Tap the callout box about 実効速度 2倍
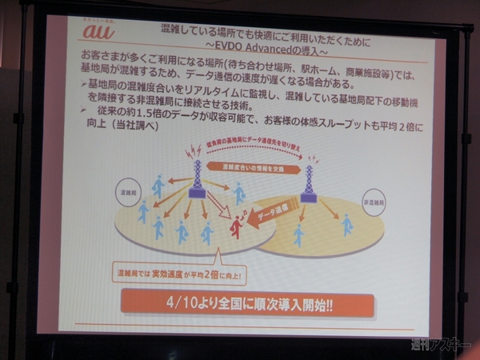click(x=181, y=274)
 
